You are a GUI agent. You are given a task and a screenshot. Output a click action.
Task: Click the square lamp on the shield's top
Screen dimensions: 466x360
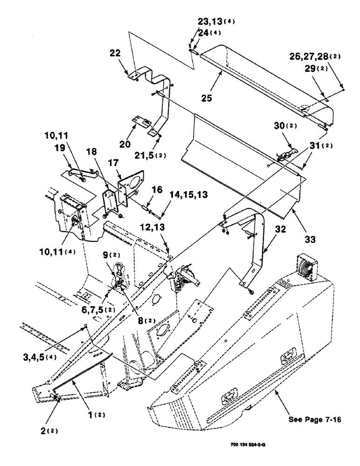point(307,268)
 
